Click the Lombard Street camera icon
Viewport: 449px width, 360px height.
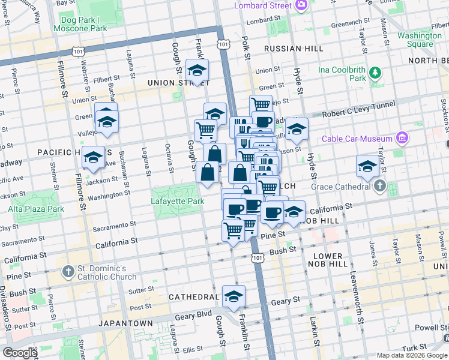[x=301, y=5]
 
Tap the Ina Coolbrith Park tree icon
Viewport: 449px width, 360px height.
[x=376, y=73]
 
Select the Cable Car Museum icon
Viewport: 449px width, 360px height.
[x=402, y=139]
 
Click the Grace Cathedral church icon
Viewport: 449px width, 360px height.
[x=379, y=186]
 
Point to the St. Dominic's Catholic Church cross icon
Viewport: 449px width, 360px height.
[x=70, y=272]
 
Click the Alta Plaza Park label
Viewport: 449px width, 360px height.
[x=36, y=209]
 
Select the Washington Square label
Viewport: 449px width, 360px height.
[x=420, y=40]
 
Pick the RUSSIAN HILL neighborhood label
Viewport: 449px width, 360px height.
[x=286, y=48]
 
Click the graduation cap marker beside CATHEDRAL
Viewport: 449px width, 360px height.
[x=234, y=295]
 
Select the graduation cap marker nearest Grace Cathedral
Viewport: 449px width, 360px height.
[x=367, y=166]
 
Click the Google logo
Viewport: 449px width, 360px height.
[x=20, y=353]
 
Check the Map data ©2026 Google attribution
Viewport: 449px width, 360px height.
[x=412, y=355]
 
